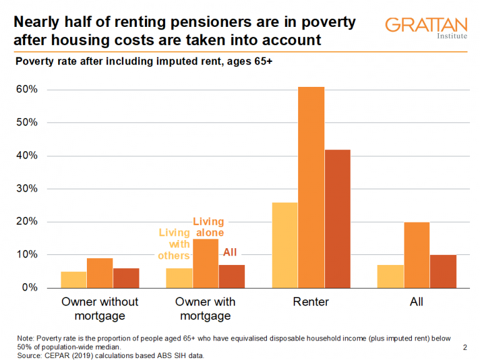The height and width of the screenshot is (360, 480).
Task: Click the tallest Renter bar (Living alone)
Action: (311, 187)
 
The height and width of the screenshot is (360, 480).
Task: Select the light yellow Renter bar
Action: (284, 245)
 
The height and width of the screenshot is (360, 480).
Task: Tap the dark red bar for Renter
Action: (337, 219)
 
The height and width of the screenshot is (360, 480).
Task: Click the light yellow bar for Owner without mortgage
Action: (74, 279)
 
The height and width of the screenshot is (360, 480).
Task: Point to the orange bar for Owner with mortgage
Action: (206, 263)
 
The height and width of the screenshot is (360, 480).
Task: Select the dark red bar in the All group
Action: (443, 271)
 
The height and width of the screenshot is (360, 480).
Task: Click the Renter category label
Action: (311, 302)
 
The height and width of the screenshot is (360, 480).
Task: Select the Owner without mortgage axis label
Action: (100, 309)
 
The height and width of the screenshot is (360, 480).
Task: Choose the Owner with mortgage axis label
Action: (206, 309)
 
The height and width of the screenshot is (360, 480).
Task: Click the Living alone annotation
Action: (208, 227)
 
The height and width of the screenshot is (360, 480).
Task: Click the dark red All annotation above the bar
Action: (230, 253)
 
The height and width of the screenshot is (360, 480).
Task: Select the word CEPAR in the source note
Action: (57, 356)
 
